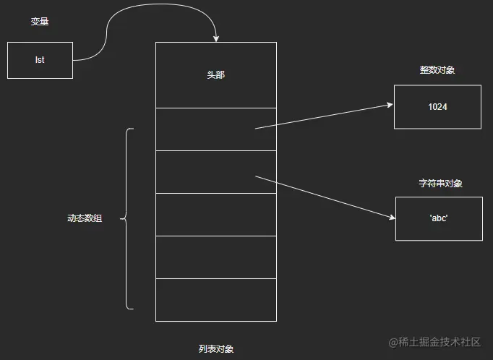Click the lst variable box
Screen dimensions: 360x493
point(40,60)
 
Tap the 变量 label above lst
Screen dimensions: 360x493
point(40,22)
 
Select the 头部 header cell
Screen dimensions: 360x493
point(215,74)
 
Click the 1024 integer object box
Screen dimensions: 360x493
point(437,106)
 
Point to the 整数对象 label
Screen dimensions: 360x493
point(437,70)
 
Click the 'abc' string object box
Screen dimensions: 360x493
point(439,218)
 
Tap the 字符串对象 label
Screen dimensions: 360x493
point(440,184)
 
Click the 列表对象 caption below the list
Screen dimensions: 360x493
point(215,348)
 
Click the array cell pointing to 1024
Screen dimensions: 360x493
point(215,129)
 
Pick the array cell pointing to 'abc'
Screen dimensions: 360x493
point(215,172)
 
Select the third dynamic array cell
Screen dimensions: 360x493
point(215,214)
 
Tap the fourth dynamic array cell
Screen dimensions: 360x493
point(215,257)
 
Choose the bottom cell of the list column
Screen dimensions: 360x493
point(215,300)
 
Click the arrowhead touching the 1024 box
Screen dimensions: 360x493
point(390,105)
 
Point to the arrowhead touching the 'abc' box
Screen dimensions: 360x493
point(391,216)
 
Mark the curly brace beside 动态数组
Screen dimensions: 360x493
point(128,218)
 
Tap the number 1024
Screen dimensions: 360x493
point(437,106)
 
